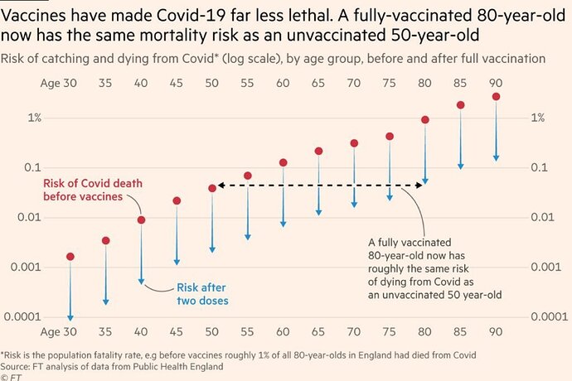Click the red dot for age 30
[x=70, y=257]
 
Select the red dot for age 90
[x=496, y=97]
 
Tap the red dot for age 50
[x=212, y=189]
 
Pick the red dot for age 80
[x=425, y=119]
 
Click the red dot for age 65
[x=318, y=152]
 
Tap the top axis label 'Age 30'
[x=57, y=84]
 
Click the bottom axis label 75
[x=390, y=332]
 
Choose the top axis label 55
[x=248, y=84]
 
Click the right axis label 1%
[x=538, y=118]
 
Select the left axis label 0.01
[x=30, y=217]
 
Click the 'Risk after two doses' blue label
[x=203, y=294]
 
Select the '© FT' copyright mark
[x=11, y=376]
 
